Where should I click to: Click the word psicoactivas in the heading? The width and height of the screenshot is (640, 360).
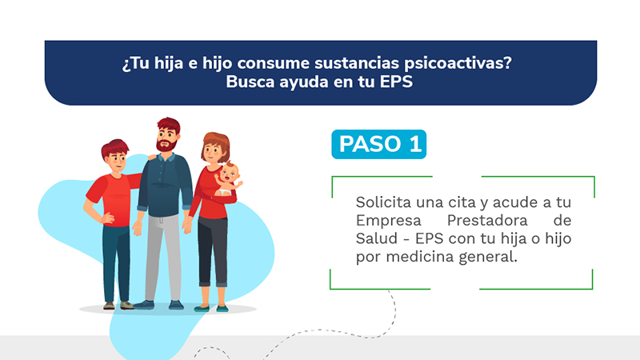pyautogui.click(x=458, y=64)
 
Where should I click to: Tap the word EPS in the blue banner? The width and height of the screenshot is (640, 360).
pyautogui.click(x=396, y=82)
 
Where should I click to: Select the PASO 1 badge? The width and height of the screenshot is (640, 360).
pyautogui.click(x=378, y=144)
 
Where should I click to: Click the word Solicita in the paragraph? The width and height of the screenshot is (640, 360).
pyautogui.click(x=383, y=202)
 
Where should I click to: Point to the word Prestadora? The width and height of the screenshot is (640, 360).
pyautogui.click(x=487, y=221)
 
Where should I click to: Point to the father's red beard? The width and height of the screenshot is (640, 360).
pyautogui.click(x=166, y=145)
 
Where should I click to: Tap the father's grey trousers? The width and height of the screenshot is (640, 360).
pyautogui.click(x=163, y=257)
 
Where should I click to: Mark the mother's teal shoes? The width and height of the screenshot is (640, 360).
pyautogui.click(x=211, y=309)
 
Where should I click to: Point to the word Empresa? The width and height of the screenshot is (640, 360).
pyautogui.click(x=388, y=221)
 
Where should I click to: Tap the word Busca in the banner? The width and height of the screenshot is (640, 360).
pyautogui.click(x=250, y=82)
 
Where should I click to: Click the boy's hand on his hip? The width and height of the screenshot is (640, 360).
pyautogui.click(x=107, y=218)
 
